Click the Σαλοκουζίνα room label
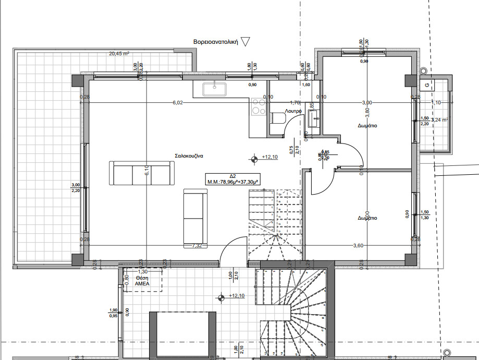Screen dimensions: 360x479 [x=192, y=156]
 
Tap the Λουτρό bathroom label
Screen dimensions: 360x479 [x=293, y=112]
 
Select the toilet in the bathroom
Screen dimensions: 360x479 [x=277, y=119]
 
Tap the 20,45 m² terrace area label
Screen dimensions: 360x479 [x=119, y=53]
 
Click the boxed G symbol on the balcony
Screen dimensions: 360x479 [x=427, y=84]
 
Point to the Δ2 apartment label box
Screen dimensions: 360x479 [x=233, y=179]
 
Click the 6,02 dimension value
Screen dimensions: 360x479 [x=178, y=103]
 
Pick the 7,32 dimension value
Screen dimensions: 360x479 [x=197, y=245]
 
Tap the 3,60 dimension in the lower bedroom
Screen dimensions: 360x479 [x=358, y=245]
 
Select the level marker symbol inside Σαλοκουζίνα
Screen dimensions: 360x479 [x=254, y=159]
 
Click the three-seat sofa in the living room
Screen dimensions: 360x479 [x=140, y=173]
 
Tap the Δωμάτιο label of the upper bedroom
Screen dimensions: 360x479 [x=367, y=126]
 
